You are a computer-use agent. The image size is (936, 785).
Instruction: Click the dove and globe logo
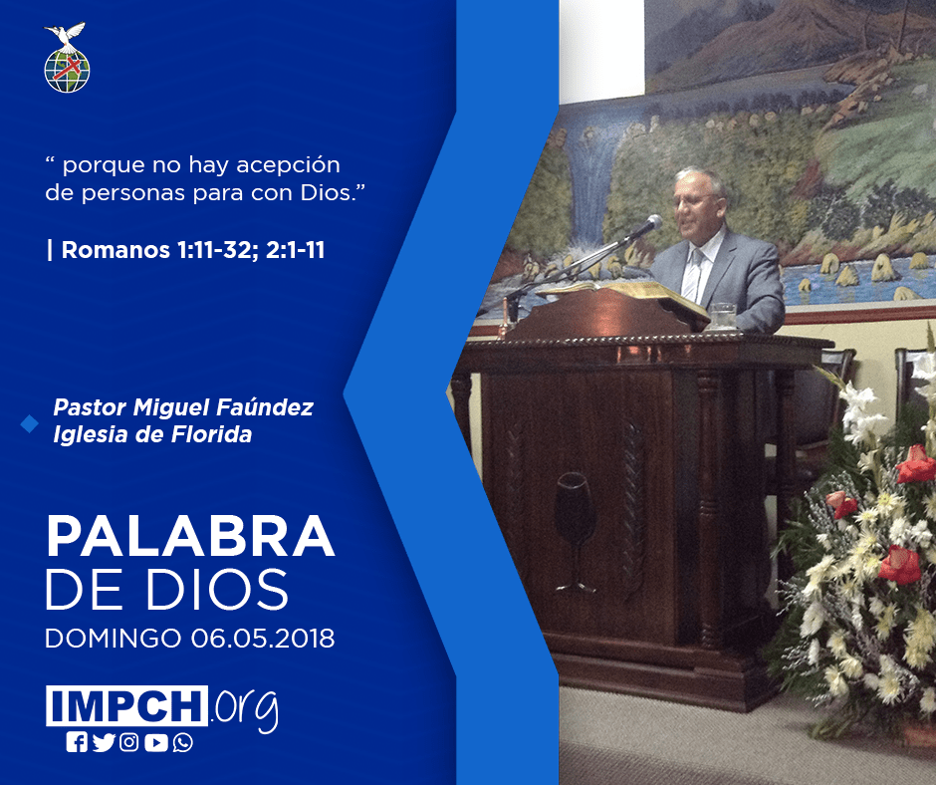67,58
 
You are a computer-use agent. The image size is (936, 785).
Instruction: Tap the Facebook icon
77,742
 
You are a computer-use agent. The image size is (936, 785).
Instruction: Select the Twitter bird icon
104,742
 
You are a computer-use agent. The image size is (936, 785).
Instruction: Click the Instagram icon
128,742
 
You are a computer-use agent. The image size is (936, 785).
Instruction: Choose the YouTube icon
155,742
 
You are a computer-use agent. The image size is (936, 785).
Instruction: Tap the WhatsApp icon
182,742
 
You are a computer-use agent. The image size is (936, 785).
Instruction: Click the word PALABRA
190,537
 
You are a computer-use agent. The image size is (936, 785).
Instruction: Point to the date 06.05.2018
263,639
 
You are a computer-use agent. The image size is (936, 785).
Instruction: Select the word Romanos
116,250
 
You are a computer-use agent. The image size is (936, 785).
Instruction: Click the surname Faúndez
265,407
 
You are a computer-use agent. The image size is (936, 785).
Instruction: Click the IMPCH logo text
127,705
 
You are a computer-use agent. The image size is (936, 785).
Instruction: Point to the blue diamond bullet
29,424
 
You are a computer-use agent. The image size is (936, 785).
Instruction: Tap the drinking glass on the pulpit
723,316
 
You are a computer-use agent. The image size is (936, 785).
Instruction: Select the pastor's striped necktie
692,275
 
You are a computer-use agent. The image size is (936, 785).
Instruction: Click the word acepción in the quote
289,165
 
